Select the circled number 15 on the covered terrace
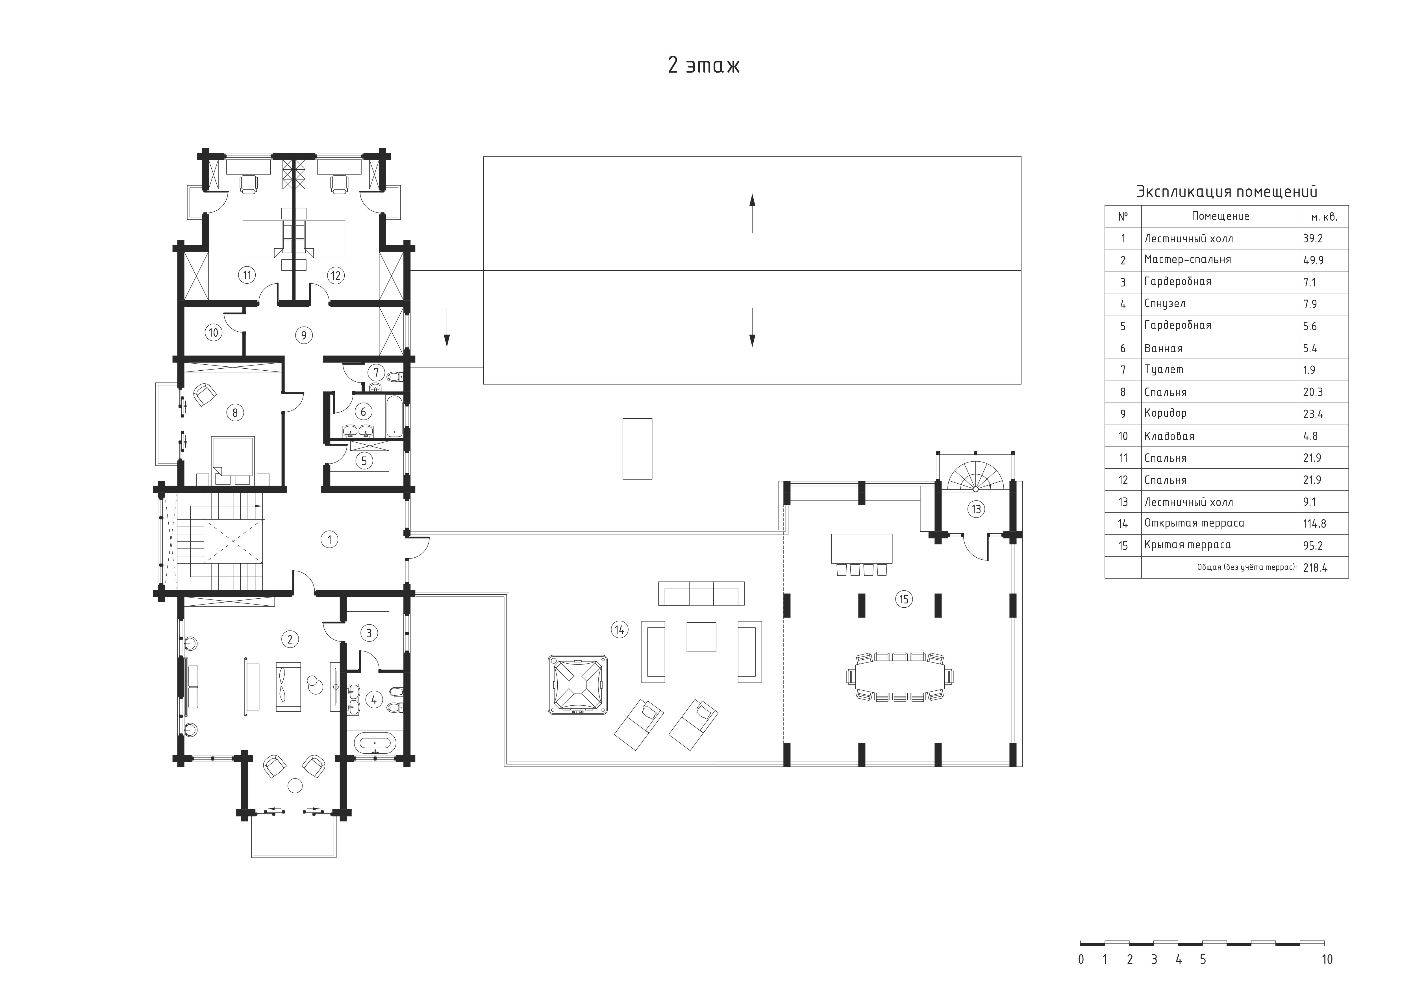pos(904,599)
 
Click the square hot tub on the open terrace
pos(578,684)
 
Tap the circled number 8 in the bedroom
pos(235,413)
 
